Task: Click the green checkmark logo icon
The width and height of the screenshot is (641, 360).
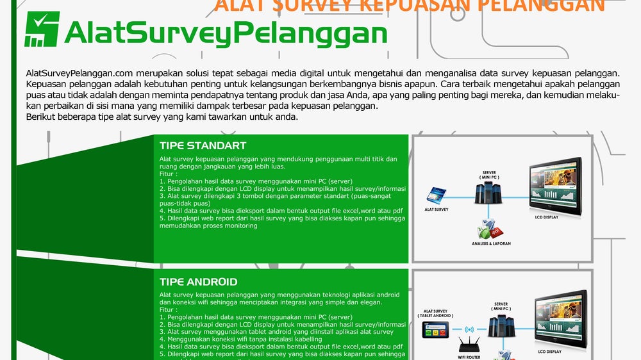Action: pyautogui.click(x=42, y=29)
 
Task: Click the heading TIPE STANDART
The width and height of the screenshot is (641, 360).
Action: pyautogui.click(x=203, y=145)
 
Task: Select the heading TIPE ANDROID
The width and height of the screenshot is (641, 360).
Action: pyautogui.click(x=198, y=282)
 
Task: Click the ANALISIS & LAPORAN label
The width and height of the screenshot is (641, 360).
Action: pyautogui.click(x=492, y=243)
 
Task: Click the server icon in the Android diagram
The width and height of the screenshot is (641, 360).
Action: pyautogui.click(x=501, y=327)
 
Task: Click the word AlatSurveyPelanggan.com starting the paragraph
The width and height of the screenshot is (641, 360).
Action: pyautogui.click(x=79, y=73)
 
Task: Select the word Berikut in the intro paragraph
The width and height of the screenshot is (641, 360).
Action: pyautogui.click(x=42, y=117)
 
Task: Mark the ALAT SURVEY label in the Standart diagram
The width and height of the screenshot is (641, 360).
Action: pyautogui.click(x=437, y=209)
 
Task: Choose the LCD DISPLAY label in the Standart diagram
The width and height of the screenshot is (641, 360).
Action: pyautogui.click(x=547, y=217)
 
